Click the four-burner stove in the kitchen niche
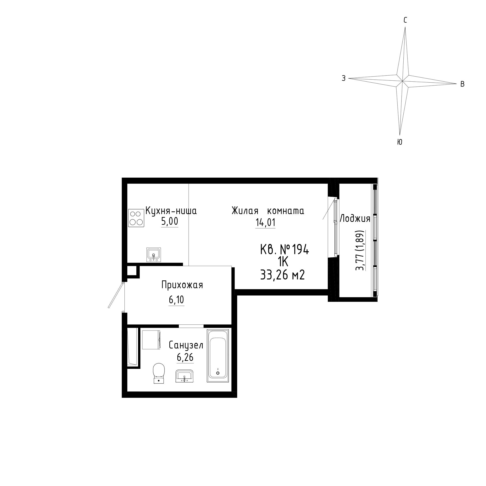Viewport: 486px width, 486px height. pos(136,218)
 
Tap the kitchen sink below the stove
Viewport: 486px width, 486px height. pos(154,255)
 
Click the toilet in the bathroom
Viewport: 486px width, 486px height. pos(159,373)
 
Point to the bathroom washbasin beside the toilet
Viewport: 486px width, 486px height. pos(185,376)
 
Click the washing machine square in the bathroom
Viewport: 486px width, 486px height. pos(151,340)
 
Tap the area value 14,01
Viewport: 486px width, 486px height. pos(265,222)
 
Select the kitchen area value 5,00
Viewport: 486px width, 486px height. pos(170,221)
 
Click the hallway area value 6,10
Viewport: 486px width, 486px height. pos(176,300)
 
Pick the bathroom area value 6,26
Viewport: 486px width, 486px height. pos(185,357)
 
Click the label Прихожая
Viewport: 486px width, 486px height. pos(182,285)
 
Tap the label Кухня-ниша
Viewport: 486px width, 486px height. pos(171,211)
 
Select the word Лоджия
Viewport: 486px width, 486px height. pos(355,219)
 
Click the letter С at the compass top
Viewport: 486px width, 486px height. pos(405,20)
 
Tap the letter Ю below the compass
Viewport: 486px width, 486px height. pos(399,142)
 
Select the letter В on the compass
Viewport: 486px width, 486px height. pos(462,84)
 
